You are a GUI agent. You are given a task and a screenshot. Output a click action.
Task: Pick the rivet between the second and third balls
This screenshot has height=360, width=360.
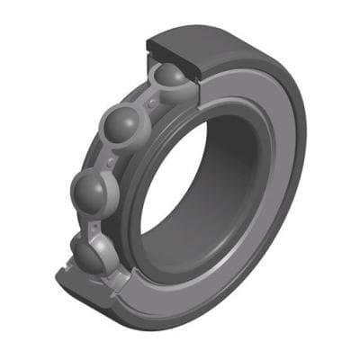tap(109, 163)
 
